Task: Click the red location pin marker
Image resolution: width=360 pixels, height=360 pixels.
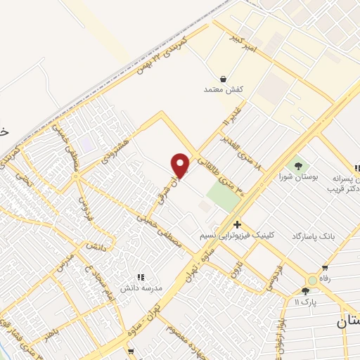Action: point(181,166)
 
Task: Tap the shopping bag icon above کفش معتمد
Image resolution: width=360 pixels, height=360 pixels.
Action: point(223,79)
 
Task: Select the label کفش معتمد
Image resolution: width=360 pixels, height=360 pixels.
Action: point(223,90)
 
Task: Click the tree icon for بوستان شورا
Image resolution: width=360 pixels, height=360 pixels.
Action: point(300,167)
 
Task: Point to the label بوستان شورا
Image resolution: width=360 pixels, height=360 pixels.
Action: point(298,178)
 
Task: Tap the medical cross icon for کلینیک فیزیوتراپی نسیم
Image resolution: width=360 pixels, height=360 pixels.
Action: point(237,224)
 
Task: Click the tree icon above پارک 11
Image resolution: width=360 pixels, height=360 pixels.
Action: point(307,291)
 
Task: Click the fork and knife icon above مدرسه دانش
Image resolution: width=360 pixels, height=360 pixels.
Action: point(140,278)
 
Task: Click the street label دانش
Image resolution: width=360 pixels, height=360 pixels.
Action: point(96,245)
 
